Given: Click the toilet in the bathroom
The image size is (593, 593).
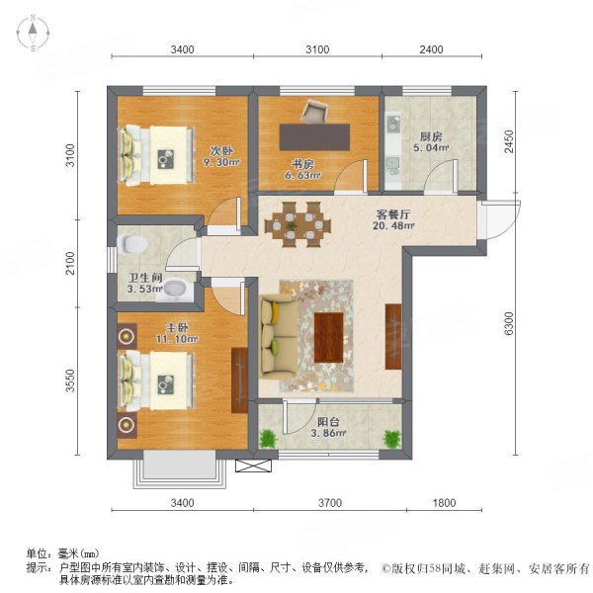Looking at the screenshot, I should point(131,242).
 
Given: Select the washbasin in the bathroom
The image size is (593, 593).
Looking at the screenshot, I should point(175,289).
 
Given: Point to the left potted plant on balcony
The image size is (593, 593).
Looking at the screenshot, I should point(267,437).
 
